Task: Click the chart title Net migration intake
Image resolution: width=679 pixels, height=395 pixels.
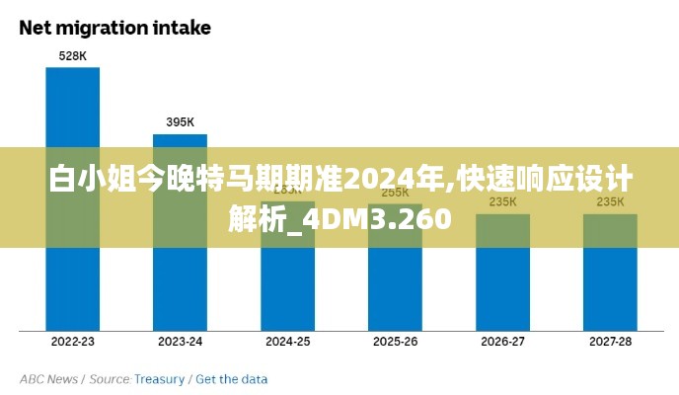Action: [115, 28]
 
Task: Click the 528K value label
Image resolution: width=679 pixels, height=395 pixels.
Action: [72, 56]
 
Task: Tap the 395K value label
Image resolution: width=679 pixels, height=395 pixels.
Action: [180, 122]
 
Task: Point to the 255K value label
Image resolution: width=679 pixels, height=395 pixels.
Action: [395, 193]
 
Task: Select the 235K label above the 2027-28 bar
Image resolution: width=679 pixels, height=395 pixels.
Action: [610, 201]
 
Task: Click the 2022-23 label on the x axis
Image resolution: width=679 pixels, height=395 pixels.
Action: [72, 342]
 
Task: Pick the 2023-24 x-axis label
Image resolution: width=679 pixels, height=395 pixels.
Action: [180, 342]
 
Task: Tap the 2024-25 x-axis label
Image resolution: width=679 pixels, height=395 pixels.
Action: [287, 342]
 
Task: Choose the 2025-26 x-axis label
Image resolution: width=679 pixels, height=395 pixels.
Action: [395, 342]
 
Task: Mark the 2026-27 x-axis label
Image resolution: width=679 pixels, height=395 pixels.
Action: [502, 342]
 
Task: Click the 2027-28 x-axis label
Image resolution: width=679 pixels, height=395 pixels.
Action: [610, 342]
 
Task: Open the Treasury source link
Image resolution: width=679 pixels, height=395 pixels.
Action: [159, 379]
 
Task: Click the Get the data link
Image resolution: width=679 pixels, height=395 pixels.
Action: [231, 379]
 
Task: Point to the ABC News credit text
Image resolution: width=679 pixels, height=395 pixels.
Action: [48, 379]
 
